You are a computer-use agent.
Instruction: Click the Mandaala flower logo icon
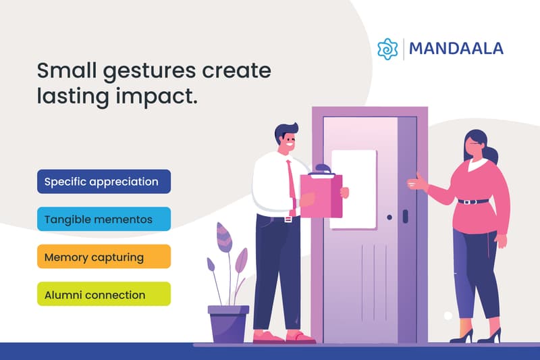click(389, 49)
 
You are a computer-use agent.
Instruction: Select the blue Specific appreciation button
click(104, 182)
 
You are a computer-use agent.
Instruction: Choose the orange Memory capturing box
click(104, 257)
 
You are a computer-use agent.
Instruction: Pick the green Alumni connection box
click(104, 294)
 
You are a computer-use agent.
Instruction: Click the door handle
click(405, 216)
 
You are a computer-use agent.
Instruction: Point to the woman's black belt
click(473, 201)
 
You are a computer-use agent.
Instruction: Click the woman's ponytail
click(491, 154)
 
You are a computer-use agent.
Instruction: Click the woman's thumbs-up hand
click(419, 180)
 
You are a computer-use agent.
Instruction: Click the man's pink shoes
click(283, 336)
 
